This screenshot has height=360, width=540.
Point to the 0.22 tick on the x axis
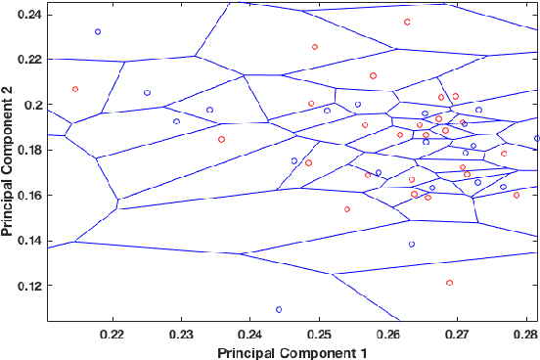[113, 333]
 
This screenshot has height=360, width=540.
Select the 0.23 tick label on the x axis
[182, 333]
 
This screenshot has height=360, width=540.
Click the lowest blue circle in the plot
[279, 309]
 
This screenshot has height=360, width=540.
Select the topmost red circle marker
[407, 22]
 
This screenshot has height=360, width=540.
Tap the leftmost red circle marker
[75, 89]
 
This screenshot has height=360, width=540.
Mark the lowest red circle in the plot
[449, 283]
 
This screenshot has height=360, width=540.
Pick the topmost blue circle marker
[98, 31]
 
